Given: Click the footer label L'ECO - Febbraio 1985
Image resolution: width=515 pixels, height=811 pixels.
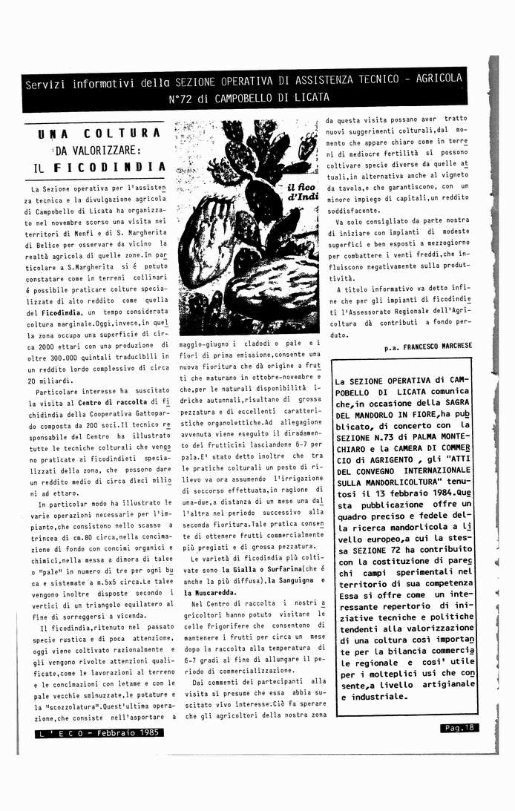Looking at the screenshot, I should (x=100, y=733).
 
